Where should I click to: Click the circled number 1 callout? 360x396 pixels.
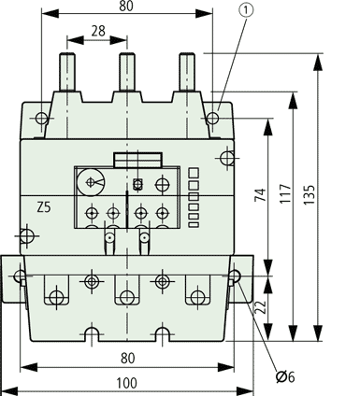[x=246, y=10]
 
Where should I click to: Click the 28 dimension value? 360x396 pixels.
[x=98, y=31]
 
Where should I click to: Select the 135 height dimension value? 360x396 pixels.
[x=310, y=195]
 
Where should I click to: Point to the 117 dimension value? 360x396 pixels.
[x=285, y=193]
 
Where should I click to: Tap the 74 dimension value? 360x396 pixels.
[x=261, y=195]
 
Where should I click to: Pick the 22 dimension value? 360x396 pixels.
[x=261, y=307]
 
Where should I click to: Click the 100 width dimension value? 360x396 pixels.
[x=126, y=383]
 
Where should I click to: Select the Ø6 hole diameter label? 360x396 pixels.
[x=285, y=377]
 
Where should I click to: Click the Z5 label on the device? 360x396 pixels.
[x=44, y=207]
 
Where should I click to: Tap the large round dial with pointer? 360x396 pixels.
[x=92, y=182]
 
